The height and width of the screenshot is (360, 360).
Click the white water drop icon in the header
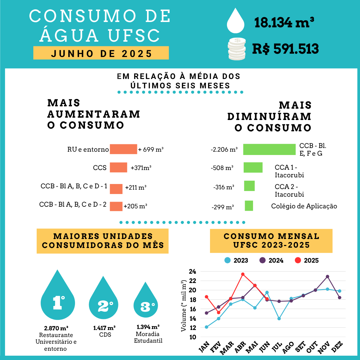(236, 23)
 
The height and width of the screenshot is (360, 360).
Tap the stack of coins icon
(237, 49)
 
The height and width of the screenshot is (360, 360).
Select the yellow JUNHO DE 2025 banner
(101, 53)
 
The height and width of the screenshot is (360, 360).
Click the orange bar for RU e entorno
(123, 149)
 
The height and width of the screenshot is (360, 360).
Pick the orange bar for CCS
(118, 167)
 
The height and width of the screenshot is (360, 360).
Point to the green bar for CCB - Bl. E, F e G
(269, 149)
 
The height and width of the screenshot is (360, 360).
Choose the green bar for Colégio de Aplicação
(249, 206)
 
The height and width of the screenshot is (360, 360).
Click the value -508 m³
(222, 168)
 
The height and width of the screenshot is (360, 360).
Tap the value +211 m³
(136, 188)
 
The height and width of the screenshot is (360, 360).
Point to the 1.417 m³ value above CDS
(104, 328)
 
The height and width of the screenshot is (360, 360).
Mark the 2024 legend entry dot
(263, 260)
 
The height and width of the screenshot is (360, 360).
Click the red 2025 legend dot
(298, 260)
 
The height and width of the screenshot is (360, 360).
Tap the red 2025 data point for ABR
(243, 274)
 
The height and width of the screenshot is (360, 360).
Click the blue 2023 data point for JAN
(207, 327)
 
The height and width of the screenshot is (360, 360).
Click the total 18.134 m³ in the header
(284, 23)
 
